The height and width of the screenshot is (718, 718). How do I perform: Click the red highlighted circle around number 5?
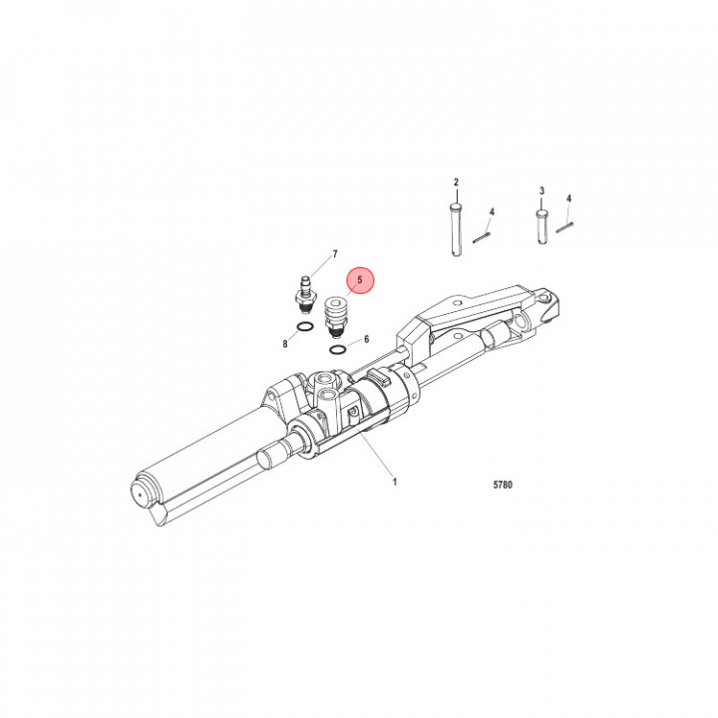click(x=360, y=280)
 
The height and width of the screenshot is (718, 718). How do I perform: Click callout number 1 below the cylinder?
click(x=394, y=482)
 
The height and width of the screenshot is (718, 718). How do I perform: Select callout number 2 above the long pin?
click(x=456, y=182)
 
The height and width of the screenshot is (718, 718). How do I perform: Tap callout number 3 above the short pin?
click(x=542, y=190)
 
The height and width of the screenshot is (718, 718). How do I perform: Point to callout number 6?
click(x=366, y=339)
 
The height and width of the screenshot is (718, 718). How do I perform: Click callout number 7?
click(x=335, y=253)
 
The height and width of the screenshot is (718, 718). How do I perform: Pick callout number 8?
click(x=285, y=344)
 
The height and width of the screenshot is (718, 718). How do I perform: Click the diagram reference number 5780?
click(x=503, y=485)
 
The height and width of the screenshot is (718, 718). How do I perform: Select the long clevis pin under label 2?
click(x=456, y=230)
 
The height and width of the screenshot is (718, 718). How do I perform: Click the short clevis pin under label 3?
click(x=542, y=226)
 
